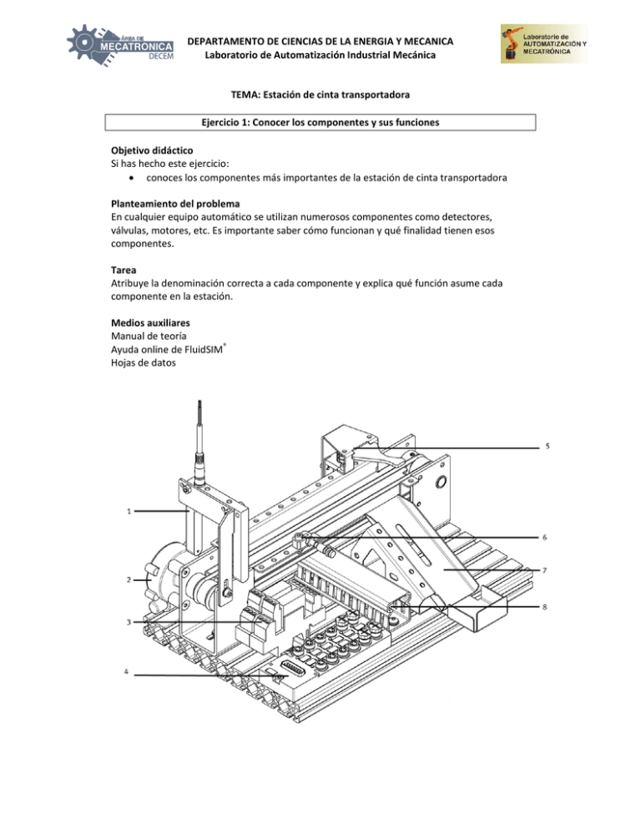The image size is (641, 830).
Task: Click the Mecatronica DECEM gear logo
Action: (x=120, y=46)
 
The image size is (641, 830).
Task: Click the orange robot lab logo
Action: (x=543, y=44)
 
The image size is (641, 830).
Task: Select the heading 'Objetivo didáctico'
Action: (x=152, y=150)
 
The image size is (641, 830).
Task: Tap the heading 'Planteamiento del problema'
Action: (x=175, y=204)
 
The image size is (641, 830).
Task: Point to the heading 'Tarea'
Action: (x=124, y=270)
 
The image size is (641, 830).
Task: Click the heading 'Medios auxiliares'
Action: (x=150, y=323)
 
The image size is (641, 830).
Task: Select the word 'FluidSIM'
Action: (x=204, y=349)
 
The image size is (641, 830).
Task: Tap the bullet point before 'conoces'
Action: (x=131, y=179)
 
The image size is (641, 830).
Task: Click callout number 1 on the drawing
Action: (x=129, y=511)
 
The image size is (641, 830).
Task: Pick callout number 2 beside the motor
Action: (x=129, y=579)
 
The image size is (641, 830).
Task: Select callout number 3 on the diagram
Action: (x=129, y=622)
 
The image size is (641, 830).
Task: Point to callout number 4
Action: (x=126, y=671)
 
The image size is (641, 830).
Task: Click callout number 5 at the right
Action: (x=548, y=446)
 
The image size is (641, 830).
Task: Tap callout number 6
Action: (x=545, y=537)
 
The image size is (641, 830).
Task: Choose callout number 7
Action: (x=545, y=570)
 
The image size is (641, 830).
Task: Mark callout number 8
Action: (x=545, y=607)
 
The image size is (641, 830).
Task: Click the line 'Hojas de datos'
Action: (x=143, y=362)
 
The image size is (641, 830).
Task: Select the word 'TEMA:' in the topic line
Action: (x=245, y=94)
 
